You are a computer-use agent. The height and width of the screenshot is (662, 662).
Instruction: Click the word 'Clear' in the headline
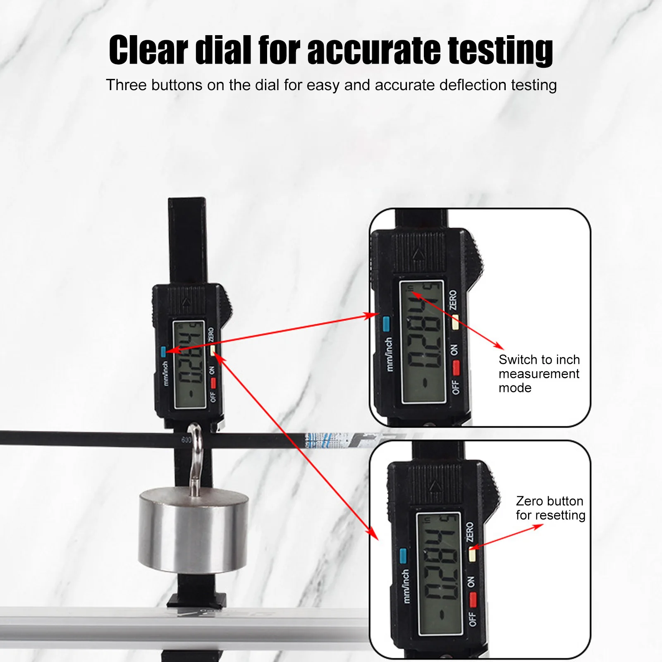point(148,50)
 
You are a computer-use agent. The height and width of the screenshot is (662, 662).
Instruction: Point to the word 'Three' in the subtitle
point(126,85)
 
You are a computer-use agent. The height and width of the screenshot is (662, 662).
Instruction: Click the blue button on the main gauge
point(164,351)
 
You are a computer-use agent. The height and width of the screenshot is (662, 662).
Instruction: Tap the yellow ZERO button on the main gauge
point(213,351)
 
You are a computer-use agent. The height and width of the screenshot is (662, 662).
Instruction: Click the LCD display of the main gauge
point(189,364)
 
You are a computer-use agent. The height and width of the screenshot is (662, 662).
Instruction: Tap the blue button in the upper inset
point(386,324)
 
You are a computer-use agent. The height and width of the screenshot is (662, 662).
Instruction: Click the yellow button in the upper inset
point(455,322)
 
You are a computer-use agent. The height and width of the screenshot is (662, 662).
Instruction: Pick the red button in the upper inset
point(456,367)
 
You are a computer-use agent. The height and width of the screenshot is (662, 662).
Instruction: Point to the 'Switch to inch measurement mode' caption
point(539,374)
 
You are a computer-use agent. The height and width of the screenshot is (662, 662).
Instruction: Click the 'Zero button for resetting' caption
point(550,508)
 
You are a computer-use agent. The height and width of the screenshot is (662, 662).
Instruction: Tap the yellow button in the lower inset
point(472,554)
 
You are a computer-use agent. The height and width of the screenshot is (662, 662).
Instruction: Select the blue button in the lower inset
point(403,556)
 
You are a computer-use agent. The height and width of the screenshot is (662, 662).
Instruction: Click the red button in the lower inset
point(473,600)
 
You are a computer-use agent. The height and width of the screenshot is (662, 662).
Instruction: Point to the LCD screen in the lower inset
point(440,574)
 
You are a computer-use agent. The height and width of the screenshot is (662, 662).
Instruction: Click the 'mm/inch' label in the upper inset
point(389,354)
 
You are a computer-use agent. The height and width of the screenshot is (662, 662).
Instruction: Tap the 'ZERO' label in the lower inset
point(470,532)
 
